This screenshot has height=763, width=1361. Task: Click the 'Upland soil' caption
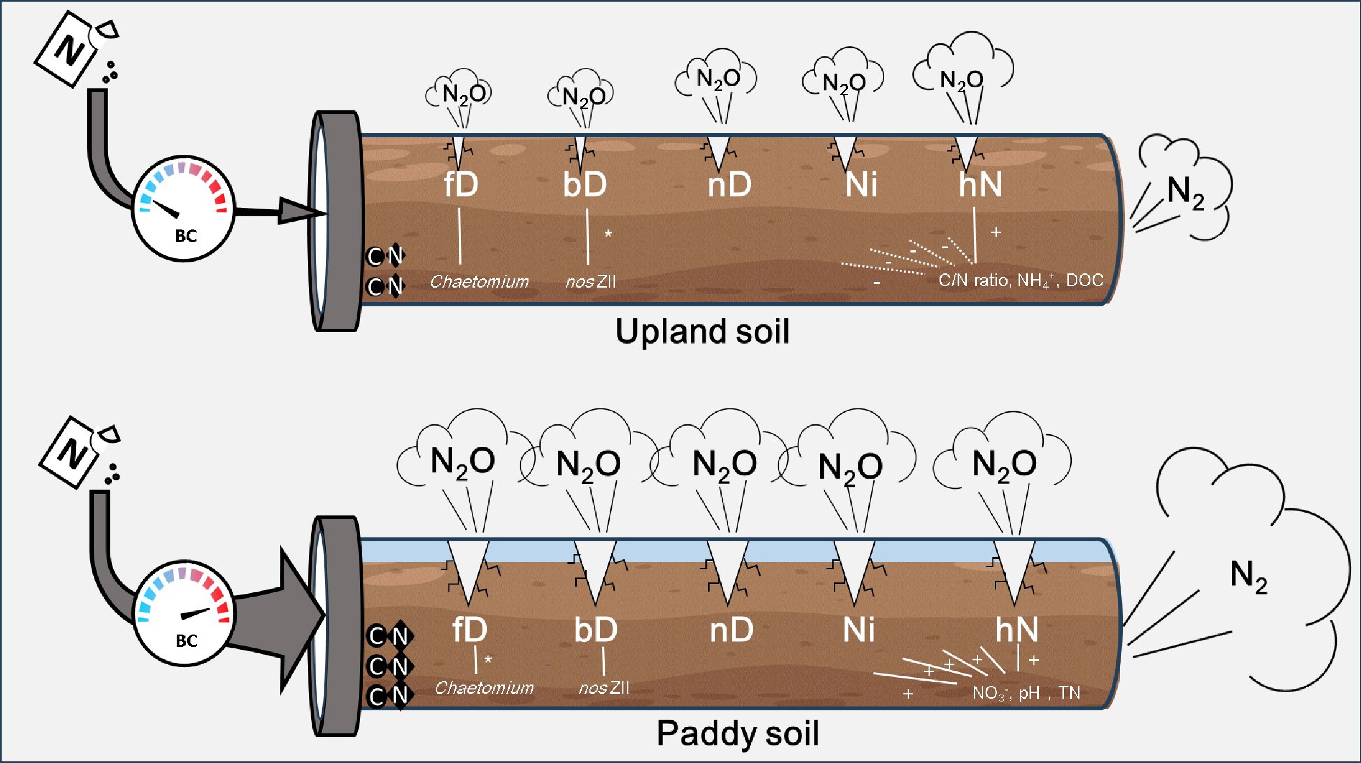(x=702, y=332)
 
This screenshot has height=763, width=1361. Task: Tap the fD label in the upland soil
(x=461, y=184)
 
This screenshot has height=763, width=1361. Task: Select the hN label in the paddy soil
(x=1017, y=630)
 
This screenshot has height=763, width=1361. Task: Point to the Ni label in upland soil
(x=861, y=184)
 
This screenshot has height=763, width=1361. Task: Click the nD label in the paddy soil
(x=731, y=630)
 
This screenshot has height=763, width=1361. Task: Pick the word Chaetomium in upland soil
(x=479, y=282)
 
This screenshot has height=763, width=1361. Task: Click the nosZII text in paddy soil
(x=604, y=688)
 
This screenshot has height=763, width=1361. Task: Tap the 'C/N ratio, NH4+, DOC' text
(x=1021, y=280)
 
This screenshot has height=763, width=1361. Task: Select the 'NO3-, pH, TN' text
(x=1026, y=693)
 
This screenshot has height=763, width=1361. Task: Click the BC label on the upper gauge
(x=185, y=236)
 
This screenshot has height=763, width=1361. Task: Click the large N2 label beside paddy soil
(x=1248, y=576)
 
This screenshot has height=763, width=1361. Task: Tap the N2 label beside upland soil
(x=1185, y=192)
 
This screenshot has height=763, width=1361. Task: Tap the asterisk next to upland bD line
(x=608, y=234)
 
